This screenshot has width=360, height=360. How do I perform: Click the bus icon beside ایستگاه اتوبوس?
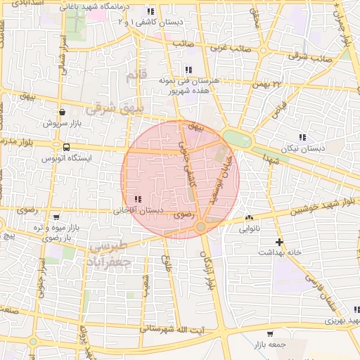(66, 148)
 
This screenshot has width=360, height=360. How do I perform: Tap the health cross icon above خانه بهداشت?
(280, 242)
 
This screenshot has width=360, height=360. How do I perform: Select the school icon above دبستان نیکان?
(302, 137)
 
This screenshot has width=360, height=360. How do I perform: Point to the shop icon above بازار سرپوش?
(63, 112)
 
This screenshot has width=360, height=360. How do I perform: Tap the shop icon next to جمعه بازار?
(271, 333)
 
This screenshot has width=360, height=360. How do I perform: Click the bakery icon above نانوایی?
(250, 218)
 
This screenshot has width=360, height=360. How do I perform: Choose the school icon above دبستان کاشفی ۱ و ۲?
(150, 12)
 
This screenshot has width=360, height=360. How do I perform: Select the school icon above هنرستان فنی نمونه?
(188, 70)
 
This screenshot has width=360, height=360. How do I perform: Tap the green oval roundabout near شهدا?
(237, 139)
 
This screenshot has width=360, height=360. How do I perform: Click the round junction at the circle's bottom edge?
(201, 226)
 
